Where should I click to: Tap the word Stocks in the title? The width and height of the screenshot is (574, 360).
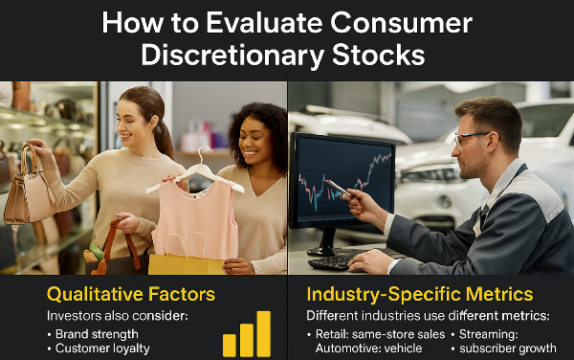pos(376,55)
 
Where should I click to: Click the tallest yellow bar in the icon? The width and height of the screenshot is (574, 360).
pos(263,333)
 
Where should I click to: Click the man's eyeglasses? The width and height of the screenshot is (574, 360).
pos(472,137)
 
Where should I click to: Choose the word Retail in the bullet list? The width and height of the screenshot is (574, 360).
pos(336,333)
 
